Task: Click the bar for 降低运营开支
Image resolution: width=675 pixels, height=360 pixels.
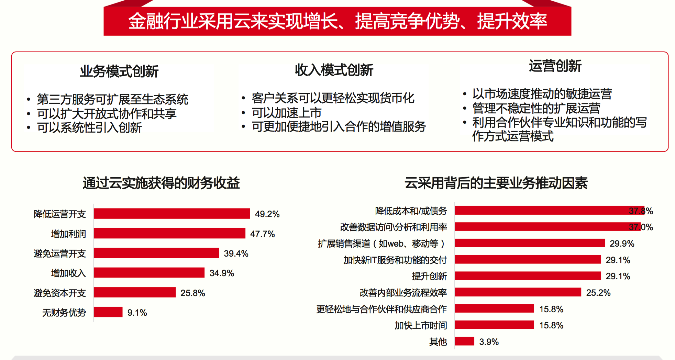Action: pyautogui.click(x=172, y=214)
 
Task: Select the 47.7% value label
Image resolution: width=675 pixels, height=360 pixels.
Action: pyautogui.click(x=262, y=234)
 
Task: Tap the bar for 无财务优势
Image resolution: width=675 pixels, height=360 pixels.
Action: pyautogui.click(x=108, y=312)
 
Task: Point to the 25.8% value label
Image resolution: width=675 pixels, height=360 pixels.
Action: pyautogui.click(x=192, y=293)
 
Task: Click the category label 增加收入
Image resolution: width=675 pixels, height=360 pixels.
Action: pyautogui.click(x=68, y=273)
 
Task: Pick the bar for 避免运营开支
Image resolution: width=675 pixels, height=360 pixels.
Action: pyautogui.click(x=156, y=253)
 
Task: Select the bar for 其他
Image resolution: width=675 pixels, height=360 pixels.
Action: pyautogui.click(x=464, y=341)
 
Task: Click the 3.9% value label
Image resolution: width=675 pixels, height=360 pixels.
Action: pyautogui.click(x=489, y=342)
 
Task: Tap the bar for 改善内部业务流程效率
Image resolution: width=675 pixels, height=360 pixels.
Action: pyautogui.click(x=518, y=292)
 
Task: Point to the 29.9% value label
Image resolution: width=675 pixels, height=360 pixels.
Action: pyautogui.click(x=622, y=244)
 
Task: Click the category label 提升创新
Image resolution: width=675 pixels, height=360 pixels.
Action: pyautogui.click(x=429, y=276)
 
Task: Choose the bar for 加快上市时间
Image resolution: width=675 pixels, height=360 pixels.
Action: pyautogui.click(x=494, y=325)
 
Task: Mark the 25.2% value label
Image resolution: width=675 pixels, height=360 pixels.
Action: pyautogui.click(x=598, y=293)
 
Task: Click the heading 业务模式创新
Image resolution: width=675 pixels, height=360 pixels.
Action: pyautogui.click(x=119, y=71)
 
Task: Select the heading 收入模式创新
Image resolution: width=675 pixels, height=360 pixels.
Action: pyautogui.click(x=334, y=70)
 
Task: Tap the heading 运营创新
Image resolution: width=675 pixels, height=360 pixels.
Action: pyautogui.click(x=555, y=66)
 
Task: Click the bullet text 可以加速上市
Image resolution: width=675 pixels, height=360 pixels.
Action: pyautogui.click(x=287, y=113)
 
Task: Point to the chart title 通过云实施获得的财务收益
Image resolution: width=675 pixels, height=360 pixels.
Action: pyautogui.click(x=161, y=183)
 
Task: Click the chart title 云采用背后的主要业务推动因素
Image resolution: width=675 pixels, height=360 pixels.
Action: pyautogui.click(x=496, y=183)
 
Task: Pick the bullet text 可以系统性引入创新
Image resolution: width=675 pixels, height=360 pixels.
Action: pyautogui.click(x=89, y=128)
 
